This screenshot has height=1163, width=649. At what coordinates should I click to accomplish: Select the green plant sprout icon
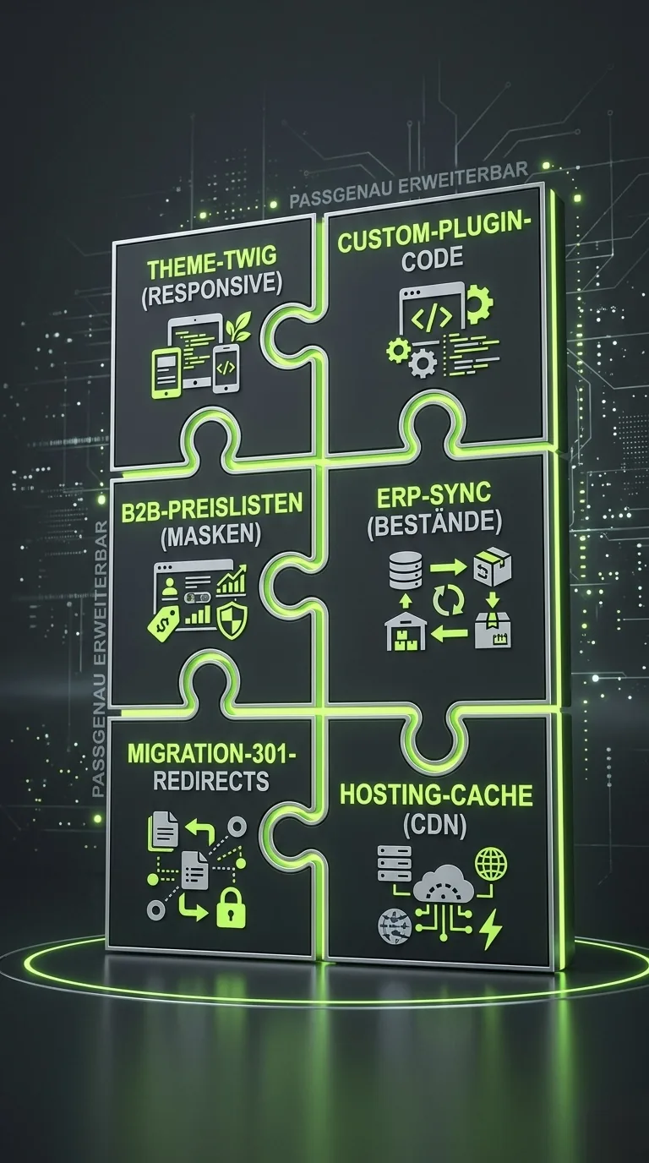(239, 326)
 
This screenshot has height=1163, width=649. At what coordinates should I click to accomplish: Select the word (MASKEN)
(210, 534)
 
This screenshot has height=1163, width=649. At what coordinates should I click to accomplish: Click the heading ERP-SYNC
(434, 494)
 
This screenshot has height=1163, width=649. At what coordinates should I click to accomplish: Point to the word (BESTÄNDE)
(434, 523)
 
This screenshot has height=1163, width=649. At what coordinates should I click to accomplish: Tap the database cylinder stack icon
(406, 570)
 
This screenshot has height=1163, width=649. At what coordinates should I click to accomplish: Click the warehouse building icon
(406, 630)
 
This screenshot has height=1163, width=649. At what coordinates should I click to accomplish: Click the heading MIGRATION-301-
(211, 753)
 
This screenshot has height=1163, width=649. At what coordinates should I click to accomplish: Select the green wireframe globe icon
(491, 864)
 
